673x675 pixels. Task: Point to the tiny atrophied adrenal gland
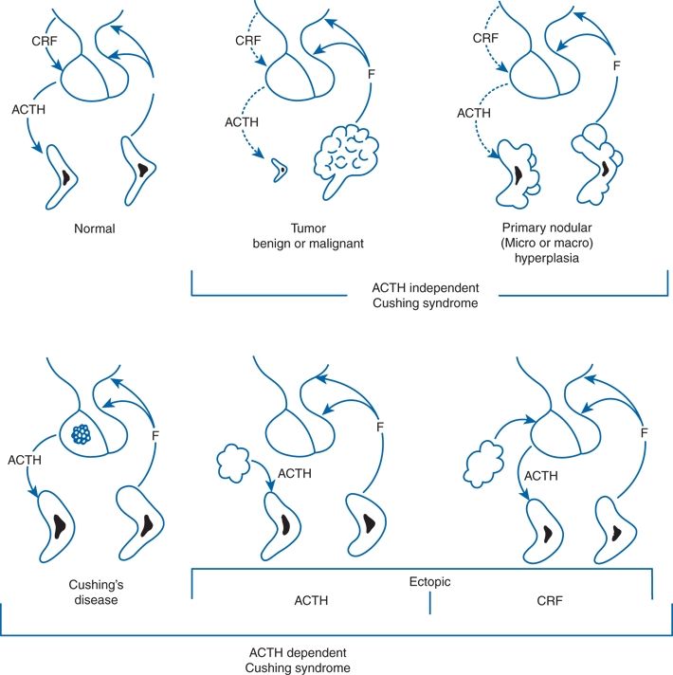click(279, 171)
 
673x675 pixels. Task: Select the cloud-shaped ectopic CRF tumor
click(483, 467)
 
